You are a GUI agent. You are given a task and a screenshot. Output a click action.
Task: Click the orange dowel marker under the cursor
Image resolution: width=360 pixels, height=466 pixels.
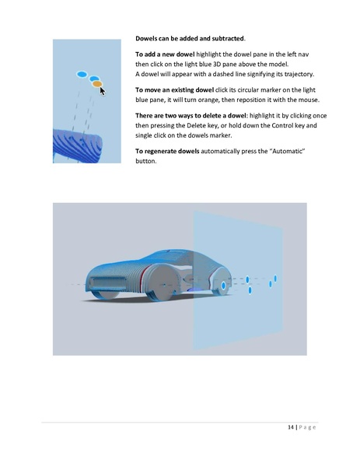pyautogui.click(x=97, y=84)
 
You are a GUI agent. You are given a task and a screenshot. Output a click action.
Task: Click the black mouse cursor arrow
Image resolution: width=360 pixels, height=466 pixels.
pyautogui.click(x=103, y=90)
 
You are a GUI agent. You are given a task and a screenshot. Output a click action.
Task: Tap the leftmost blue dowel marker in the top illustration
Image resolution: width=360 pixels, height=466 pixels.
pyautogui.click(x=82, y=75)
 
